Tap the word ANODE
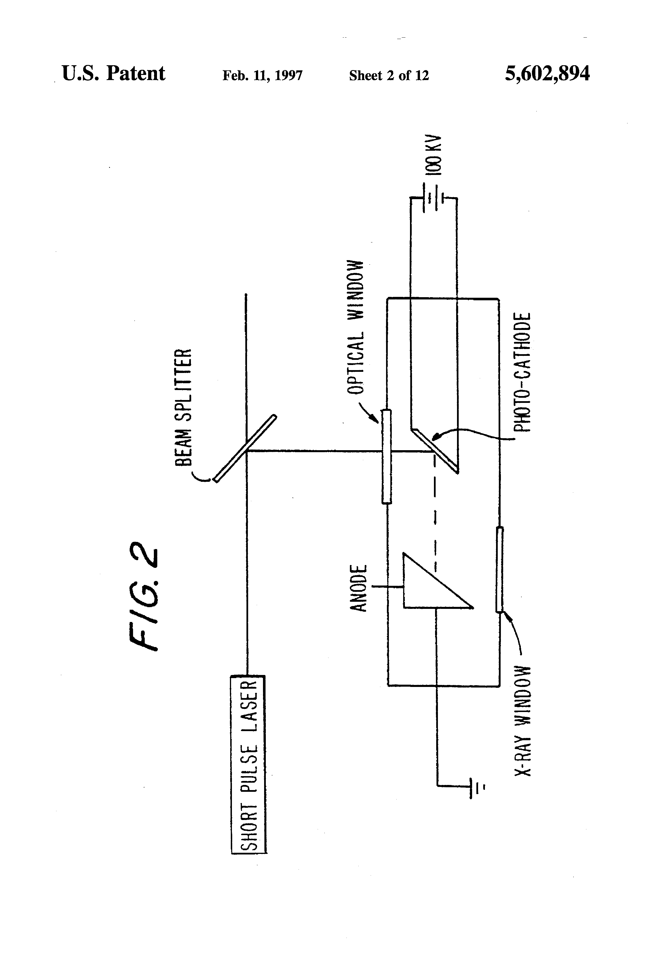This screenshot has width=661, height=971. (x=358, y=588)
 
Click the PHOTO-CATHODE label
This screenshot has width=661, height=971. (x=522, y=372)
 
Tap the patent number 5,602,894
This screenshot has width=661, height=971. (x=547, y=74)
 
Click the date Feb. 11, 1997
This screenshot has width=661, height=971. (x=262, y=75)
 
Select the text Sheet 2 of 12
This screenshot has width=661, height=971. (x=389, y=75)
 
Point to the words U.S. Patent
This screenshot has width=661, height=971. (x=114, y=74)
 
